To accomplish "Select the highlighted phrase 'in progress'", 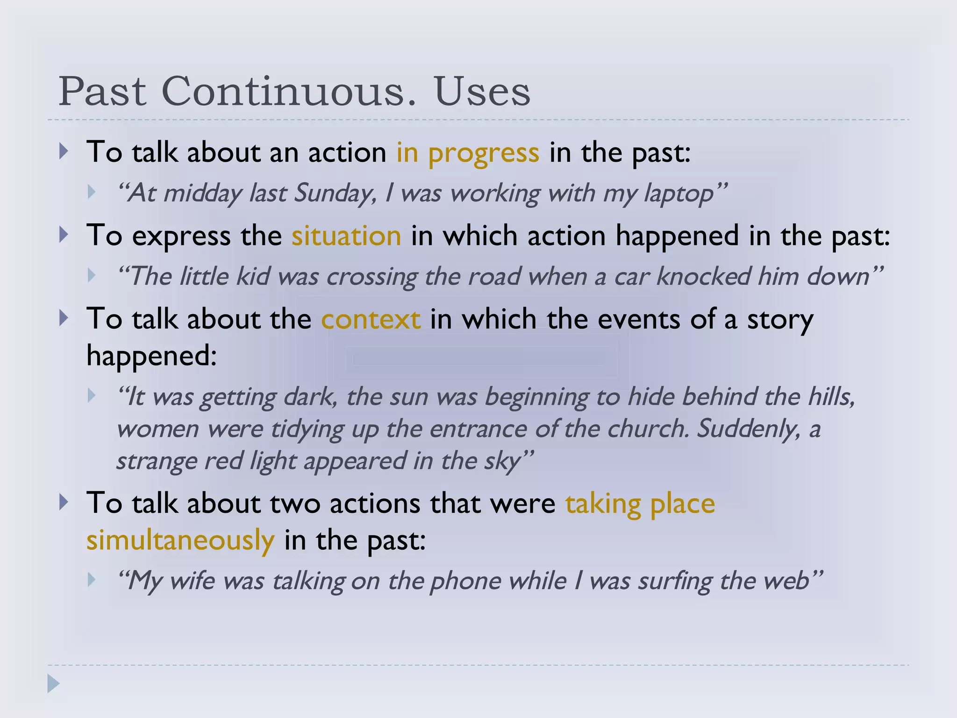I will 468,152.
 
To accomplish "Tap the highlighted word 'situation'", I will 346,236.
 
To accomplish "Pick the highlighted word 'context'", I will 371,319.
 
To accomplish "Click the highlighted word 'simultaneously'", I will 180,540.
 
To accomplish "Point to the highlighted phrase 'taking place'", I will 640,503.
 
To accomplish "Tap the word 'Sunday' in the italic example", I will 335,194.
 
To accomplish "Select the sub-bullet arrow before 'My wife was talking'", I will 92,580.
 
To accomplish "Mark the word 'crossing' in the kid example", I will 371,276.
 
